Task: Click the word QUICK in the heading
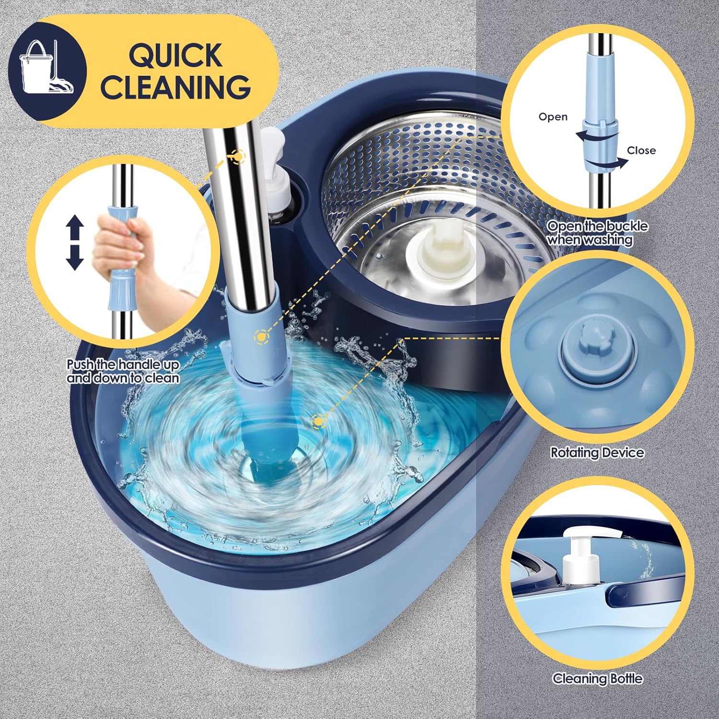175,55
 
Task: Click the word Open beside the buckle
553,117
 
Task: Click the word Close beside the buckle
641,151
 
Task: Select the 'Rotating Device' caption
597,452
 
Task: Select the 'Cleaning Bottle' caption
597,678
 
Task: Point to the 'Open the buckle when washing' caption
597,233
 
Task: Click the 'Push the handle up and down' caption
123,371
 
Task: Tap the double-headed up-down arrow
75,242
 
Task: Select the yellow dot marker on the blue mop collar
261,337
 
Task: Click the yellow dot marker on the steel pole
237,156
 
